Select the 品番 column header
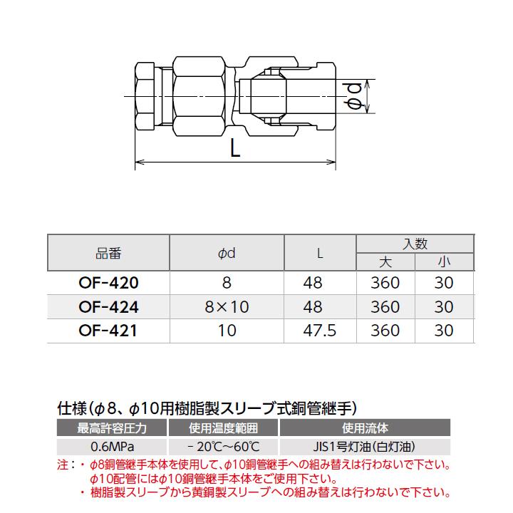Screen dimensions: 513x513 [108, 253]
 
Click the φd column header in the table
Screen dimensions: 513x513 [227, 253]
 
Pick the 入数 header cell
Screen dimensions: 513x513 [415, 244]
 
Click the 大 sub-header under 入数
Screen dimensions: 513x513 [385, 262]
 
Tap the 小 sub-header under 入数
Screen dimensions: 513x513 [444, 262]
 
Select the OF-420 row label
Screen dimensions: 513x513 [108, 283]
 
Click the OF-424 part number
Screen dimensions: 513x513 [108, 307]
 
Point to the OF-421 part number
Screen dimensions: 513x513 [108, 331]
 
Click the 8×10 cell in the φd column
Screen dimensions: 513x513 [227, 307]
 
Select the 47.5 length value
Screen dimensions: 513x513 [320, 331]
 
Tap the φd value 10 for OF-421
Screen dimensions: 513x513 [227, 331]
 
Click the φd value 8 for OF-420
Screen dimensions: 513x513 [227, 283]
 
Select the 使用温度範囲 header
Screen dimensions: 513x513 [223, 429]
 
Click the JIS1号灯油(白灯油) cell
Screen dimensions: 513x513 [365, 447]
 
